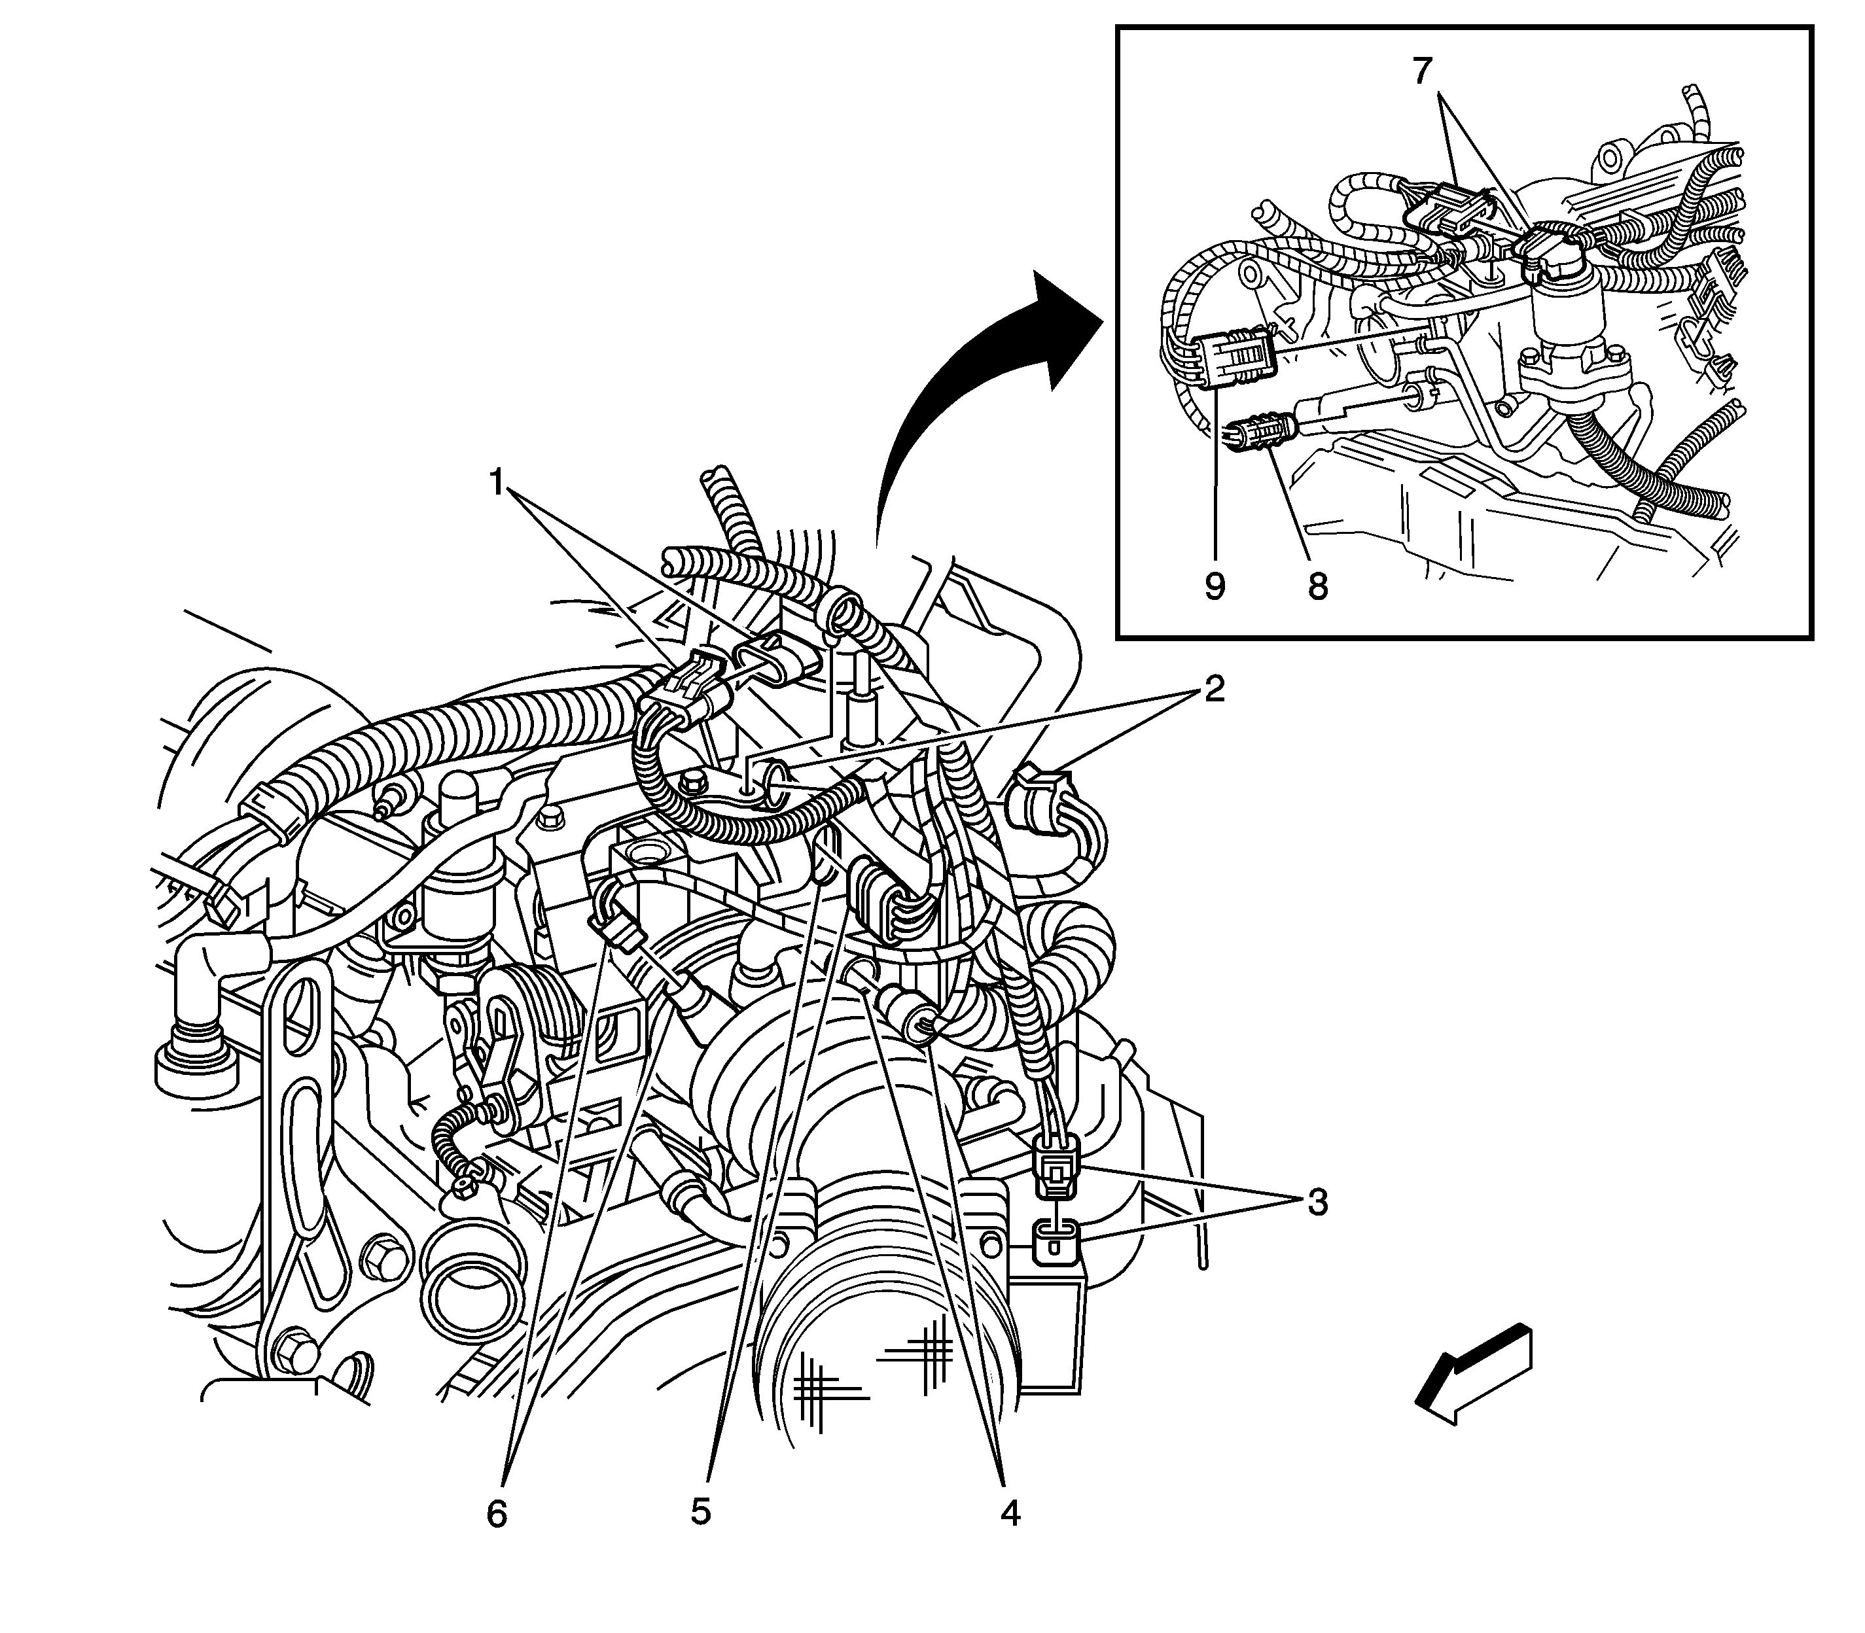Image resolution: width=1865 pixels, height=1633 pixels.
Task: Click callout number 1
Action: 497,481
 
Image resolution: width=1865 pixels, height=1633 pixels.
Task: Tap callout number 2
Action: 1213,690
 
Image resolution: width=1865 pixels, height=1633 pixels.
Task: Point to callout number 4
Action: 1009,1512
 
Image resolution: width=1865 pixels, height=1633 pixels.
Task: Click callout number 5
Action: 700,1510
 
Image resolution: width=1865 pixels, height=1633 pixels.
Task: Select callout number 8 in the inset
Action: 1317,586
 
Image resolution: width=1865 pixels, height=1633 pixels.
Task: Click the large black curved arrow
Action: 975,383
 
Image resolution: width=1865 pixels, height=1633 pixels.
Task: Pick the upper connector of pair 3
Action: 1055,1171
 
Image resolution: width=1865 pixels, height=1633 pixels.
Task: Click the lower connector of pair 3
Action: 1056,1241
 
